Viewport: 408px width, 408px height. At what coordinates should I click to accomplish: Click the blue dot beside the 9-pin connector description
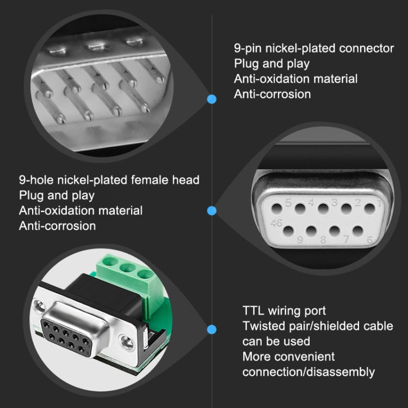click(x=212, y=99)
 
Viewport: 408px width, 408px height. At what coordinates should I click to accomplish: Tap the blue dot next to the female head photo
click(x=212, y=211)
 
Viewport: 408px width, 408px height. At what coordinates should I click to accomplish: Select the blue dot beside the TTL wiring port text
click(x=212, y=329)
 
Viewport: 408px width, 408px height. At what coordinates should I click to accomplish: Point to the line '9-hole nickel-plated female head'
click(x=109, y=180)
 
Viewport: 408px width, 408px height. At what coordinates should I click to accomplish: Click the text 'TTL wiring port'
click(x=284, y=311)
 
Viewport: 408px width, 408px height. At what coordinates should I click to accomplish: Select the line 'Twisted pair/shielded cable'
click(x=317, y=326)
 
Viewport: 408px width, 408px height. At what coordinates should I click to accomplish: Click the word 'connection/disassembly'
click(x=308, y=372)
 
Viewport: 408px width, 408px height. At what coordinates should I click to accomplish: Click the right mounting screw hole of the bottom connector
click(x=127, y=342)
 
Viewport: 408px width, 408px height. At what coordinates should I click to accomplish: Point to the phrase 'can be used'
click(x=276, y=341)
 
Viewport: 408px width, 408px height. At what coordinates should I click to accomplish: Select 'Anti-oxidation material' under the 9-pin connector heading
click(x=296, y=79)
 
